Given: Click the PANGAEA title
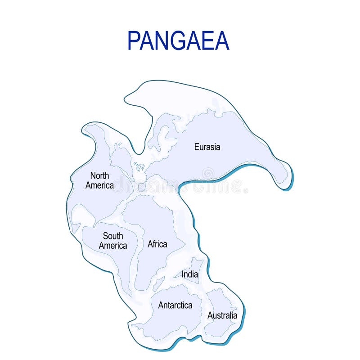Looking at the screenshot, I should (x=179, y=40).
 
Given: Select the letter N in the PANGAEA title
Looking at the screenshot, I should (x=158, y=40).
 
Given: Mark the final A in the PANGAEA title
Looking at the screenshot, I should (x=222, y=40).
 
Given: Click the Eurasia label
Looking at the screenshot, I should (x=207, y=147).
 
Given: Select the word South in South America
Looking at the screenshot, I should (x=113, y=236).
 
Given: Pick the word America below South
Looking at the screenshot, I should (x=113, y=246).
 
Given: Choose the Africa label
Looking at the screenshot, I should (x=157, y=244).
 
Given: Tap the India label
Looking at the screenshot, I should (x=189, y=274).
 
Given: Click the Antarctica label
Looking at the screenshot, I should (x=175, y=305).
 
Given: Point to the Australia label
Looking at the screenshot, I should (x=222, y=315).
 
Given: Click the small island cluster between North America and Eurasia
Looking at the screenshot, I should (x=139, y=166).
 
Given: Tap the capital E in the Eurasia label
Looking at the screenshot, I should (x=197, y=147).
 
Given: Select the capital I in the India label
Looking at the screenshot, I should (x=183, y=274).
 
